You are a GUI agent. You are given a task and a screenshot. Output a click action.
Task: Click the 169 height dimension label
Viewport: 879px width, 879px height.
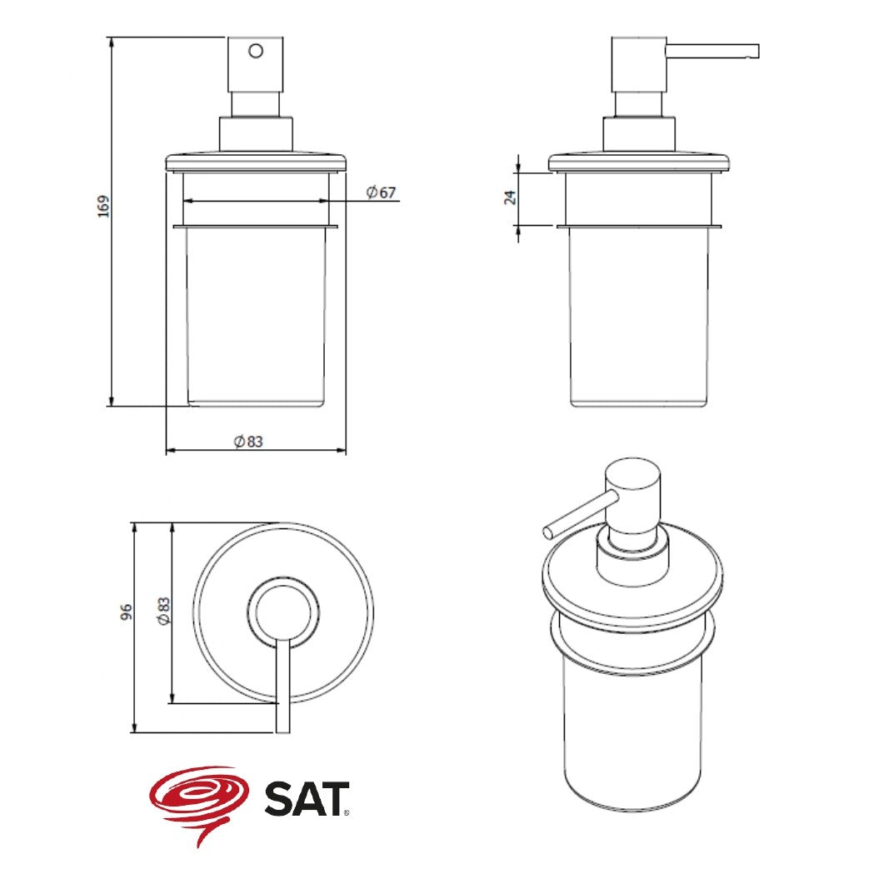103,207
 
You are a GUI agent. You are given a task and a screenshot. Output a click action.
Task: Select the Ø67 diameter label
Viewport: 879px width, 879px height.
382,192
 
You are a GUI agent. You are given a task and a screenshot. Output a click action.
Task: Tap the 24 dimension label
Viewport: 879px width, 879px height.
510,197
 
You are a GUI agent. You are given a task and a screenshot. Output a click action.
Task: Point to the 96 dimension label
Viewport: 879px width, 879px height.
127,611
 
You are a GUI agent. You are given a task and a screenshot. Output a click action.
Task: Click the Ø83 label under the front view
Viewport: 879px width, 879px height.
248,442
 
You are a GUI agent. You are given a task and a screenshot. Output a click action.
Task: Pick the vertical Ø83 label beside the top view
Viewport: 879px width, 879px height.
163,611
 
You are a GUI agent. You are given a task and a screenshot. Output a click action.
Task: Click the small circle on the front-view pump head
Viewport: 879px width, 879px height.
256,51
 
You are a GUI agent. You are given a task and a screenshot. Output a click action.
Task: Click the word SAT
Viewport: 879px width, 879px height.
306,799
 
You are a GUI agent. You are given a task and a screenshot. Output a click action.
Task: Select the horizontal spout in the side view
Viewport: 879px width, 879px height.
712,51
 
